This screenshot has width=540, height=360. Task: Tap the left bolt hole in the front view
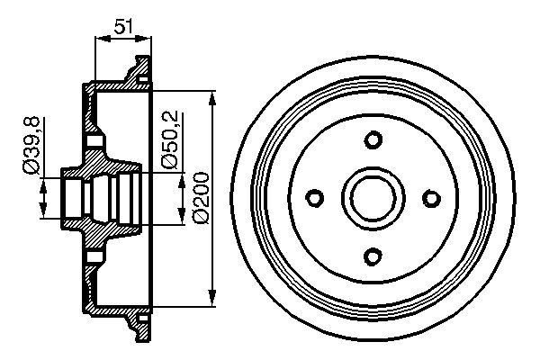tap(315, 198)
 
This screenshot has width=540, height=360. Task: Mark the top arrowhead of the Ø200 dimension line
tap(212, 95)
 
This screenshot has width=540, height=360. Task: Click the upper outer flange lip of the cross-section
tap(139, 68)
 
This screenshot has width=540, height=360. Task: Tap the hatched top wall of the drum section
tap(117, 86)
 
